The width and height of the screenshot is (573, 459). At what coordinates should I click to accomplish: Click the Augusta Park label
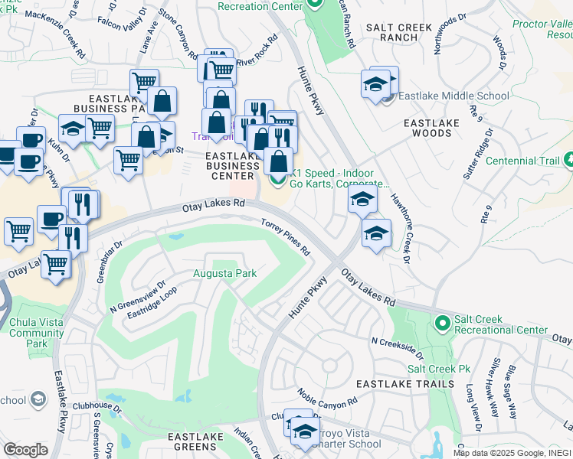point(224,273)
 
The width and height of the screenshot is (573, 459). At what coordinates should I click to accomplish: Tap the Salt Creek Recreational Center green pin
point(441,324)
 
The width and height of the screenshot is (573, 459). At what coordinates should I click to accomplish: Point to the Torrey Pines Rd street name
point(286,236)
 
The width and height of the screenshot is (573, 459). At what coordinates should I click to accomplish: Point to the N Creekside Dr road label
point(397,347)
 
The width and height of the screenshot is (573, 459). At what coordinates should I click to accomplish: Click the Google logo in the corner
point(25,450)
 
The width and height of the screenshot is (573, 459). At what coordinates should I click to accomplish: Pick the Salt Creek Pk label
point(438,369)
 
